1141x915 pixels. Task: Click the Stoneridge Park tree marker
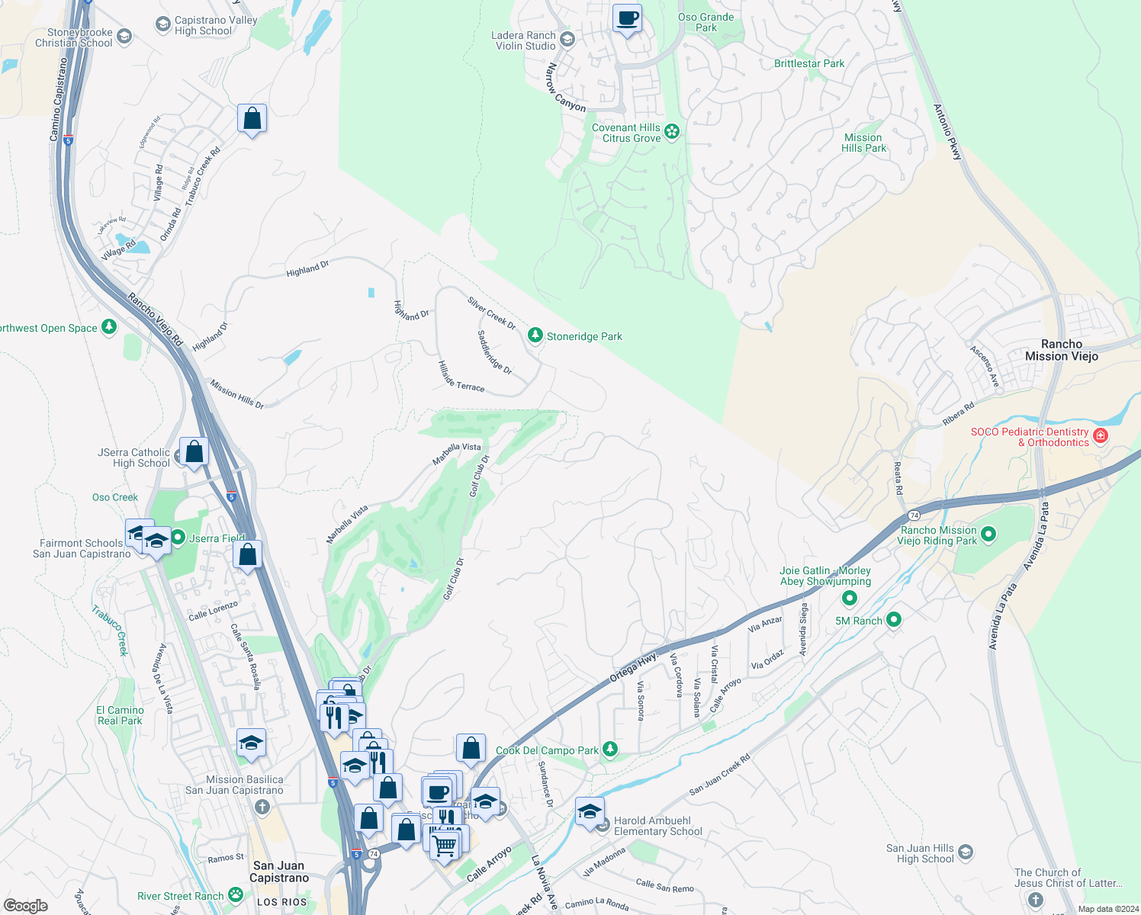click(x=535, y=335)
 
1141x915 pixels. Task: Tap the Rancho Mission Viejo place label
click(x=1062, y=350)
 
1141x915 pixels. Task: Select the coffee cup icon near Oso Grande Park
click(x=628, y=18)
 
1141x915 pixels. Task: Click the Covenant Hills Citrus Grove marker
click(x=672, y=132)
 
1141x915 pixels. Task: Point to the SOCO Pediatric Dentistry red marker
click(x=1100, y=436)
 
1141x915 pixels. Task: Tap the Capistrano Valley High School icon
click(x=162, y=25)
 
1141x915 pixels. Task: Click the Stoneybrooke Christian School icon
click(x=124, y=37)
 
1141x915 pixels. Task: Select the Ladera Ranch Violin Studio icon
click(x=567, y=40)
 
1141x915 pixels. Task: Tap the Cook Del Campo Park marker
click(x=610, y=750)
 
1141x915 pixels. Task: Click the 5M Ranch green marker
click(x=894, y=620)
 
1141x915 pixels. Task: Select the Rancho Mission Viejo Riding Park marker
click(x=988, y=535)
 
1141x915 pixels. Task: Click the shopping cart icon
click(x=445, y=844)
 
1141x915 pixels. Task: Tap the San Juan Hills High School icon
click(x=966, y=852)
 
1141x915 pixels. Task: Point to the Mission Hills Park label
click(x=863, y=143)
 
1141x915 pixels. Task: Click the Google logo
click(x=26, y=905)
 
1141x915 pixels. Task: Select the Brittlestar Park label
click(x=809, y=63)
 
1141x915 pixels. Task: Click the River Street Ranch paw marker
click(x=236, y=895)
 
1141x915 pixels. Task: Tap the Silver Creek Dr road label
click(x=491, y=313)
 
